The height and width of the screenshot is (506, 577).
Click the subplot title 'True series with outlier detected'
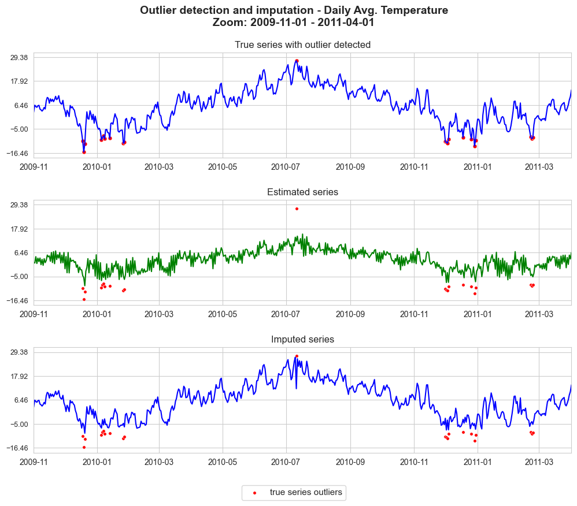(302, 44)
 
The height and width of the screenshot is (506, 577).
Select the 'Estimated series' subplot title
(302, 192)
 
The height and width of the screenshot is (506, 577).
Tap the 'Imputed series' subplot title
(302, 339)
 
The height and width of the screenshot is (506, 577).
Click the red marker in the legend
(254, 493)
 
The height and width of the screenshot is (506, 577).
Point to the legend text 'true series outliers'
(306, 492)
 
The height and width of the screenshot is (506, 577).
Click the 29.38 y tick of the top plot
(19, 57)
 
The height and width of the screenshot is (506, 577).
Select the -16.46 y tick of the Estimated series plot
(17, 301)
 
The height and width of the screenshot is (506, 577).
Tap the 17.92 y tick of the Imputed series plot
(19, 376)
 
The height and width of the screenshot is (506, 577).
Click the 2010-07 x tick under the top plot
(286, 167)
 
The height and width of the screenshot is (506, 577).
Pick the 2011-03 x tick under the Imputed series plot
(539, 462)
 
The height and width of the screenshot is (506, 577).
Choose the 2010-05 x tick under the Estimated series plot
(222, 314)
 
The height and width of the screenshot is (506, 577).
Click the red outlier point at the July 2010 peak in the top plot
(297, 61)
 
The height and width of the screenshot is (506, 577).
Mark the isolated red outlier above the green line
(297, 209)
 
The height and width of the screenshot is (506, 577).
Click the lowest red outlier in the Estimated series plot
(84, 299)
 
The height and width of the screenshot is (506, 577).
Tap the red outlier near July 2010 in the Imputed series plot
(297, 356)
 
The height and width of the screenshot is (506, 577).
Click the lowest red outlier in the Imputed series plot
(84, 447)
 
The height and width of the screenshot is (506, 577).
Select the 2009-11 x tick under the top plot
(34, 167)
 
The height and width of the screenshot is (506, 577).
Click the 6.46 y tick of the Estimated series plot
(21, 252)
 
